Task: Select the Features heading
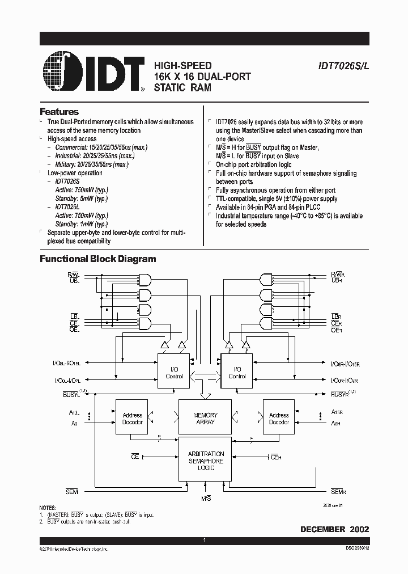coord(59,112)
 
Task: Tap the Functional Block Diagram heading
coord(97,259)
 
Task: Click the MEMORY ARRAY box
coord(205,419)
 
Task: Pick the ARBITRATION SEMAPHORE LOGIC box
coord(205,461)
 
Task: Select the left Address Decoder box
coord(132,419)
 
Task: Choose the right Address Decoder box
coord(279,419)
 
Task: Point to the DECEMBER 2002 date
coord(334,529)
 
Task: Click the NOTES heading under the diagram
coord(48,508)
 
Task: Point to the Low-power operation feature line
coord(75,173)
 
